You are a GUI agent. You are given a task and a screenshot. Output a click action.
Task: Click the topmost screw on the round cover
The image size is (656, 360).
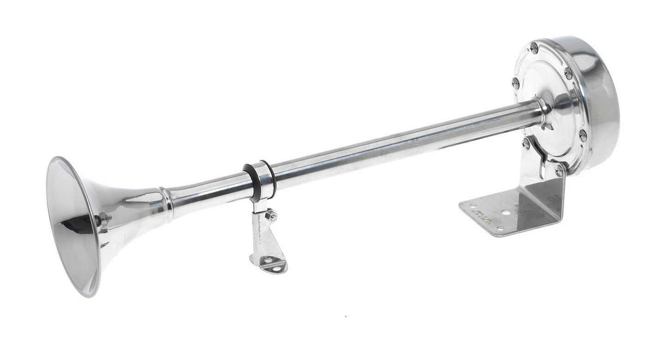pyautogui.click(x=535, y=46)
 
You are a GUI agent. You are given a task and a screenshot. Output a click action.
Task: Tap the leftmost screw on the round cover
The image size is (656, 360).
pyautogui.click(x=516, y=83)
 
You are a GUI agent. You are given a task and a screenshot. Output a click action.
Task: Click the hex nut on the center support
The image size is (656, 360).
pyautogui.click(x=272, y=215)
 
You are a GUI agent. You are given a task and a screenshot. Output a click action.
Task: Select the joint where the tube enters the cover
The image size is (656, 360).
pyautogui.click(x=543, y=111)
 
